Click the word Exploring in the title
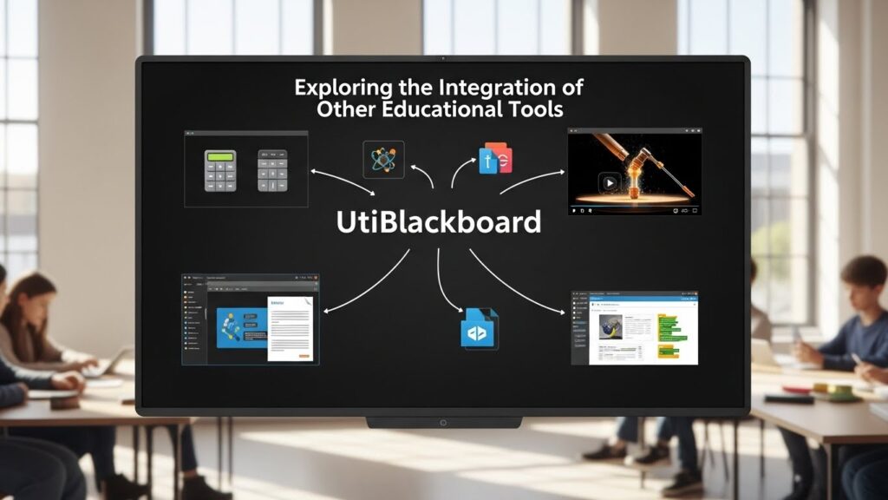click(x=333, y=88)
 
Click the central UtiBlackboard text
click(x=438, y=222)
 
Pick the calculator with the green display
click(x=220, y=170)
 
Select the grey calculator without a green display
click(x=273, y=171)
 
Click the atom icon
click(x=383, y=160)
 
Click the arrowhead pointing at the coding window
click(x=563, y=312)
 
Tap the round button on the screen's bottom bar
click(x=442, y=423)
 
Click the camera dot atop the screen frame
click(x=442, y=58)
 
